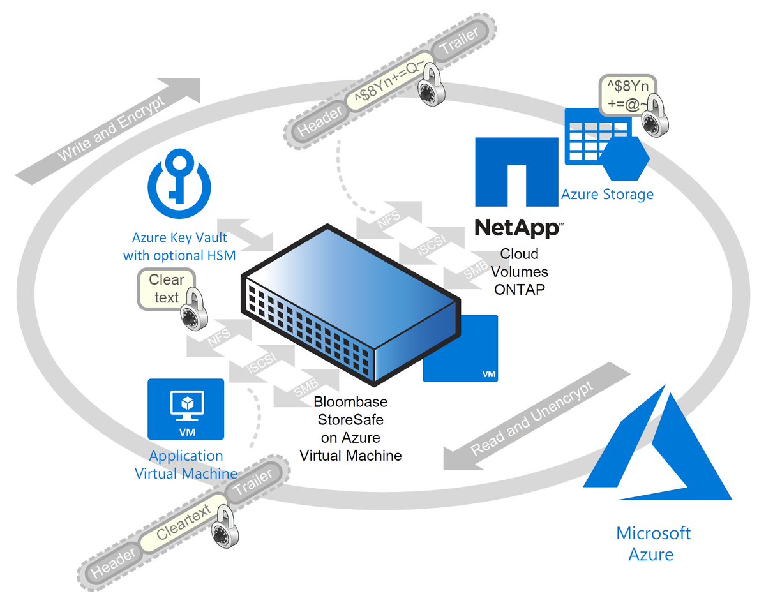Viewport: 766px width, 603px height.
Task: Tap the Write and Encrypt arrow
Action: [109, 128]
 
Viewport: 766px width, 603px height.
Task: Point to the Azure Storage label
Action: [607, 194]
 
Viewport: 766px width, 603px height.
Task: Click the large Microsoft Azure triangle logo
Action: [657, 453]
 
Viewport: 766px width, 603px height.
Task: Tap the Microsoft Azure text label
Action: [653, 543]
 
